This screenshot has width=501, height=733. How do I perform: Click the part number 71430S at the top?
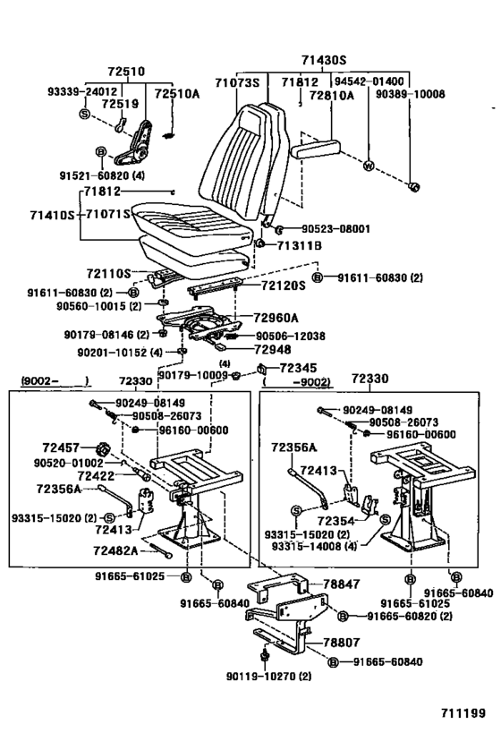pos(323,60)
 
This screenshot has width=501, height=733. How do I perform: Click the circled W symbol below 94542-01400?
pos(368,166)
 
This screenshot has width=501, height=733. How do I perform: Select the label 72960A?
pos(276,318)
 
